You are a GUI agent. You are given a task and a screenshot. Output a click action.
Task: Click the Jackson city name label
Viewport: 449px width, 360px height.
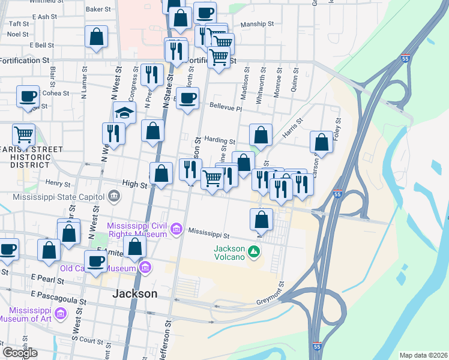pyautogui.click(x=135, y=294)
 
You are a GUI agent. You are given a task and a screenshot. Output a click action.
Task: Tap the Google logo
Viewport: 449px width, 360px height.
pyautogui.click(x=20, y=353)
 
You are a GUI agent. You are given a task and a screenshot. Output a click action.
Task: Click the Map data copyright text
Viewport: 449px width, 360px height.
pyautogui.click(x=423, y=355)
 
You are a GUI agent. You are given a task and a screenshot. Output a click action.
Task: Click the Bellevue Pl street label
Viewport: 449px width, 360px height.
pyautogui.click(x=225, y=109)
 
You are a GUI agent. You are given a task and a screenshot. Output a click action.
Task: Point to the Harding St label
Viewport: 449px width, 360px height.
pyautogui.click(x=218, y=139)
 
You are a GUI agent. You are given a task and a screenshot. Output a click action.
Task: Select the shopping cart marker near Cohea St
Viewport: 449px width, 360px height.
pyautogui.click(x=24, y=134)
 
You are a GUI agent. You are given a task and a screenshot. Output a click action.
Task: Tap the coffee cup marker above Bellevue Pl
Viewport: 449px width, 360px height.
pyautogui.click(x=188, y=97)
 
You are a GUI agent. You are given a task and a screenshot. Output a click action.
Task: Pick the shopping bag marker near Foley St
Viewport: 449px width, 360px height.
pyautogui.click(x=322, y=142)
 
